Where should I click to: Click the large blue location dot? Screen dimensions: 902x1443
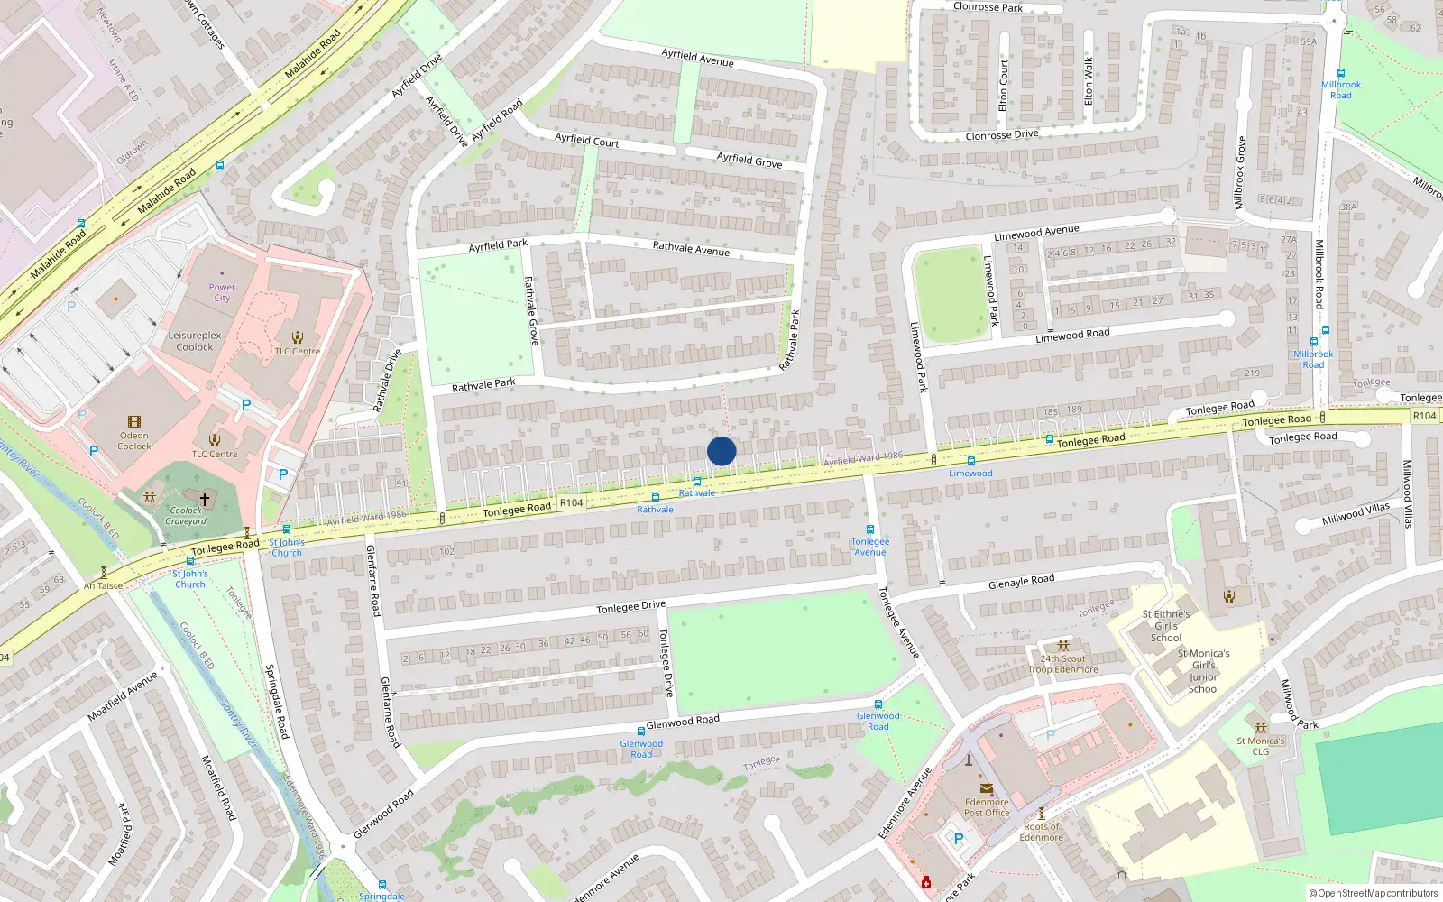(721, 451)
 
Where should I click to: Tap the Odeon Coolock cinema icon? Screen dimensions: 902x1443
(134, 421)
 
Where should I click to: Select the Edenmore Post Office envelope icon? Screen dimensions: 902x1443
(986, 788)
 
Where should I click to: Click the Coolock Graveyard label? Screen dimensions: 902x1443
(187, 516)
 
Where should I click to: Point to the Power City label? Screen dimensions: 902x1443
(222, 292)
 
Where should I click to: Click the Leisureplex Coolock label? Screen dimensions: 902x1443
(195, 341)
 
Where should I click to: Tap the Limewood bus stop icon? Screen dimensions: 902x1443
(970, 461)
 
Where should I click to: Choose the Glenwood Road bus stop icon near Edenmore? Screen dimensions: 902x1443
(878, 704)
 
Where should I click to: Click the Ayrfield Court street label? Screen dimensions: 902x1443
(586, 140)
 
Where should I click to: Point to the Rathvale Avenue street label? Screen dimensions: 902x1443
(691, 248)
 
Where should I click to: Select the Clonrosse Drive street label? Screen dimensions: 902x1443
(1001, 135)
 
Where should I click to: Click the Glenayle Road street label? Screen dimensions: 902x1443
(1021, 582)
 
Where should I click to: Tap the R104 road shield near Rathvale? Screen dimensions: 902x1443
(571, 502)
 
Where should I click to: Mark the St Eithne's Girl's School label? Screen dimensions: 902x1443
(1165, 625)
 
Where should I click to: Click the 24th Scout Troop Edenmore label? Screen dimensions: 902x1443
(1063, 664)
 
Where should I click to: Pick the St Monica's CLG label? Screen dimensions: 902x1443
(1260, 746)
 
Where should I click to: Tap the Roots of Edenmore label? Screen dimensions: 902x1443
(1042, 832)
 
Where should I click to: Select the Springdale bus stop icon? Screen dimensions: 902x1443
(381, 885)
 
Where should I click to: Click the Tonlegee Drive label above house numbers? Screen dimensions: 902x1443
(630, 607)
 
